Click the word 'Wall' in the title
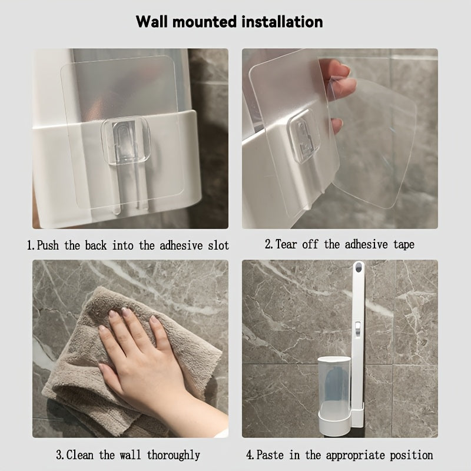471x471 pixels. tap(152, 22)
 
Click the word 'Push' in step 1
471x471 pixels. tap(48, 246)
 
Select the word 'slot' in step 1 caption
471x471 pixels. tap(218, 245)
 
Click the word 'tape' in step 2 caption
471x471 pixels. tap(404, 245)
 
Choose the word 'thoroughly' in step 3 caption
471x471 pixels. tap(173, 455)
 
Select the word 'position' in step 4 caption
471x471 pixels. tap(412, 455)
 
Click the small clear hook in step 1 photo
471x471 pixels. tap(125, 141)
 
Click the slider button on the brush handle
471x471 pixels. tap(357, 328)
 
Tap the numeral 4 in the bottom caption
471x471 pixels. tap(249, 455)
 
